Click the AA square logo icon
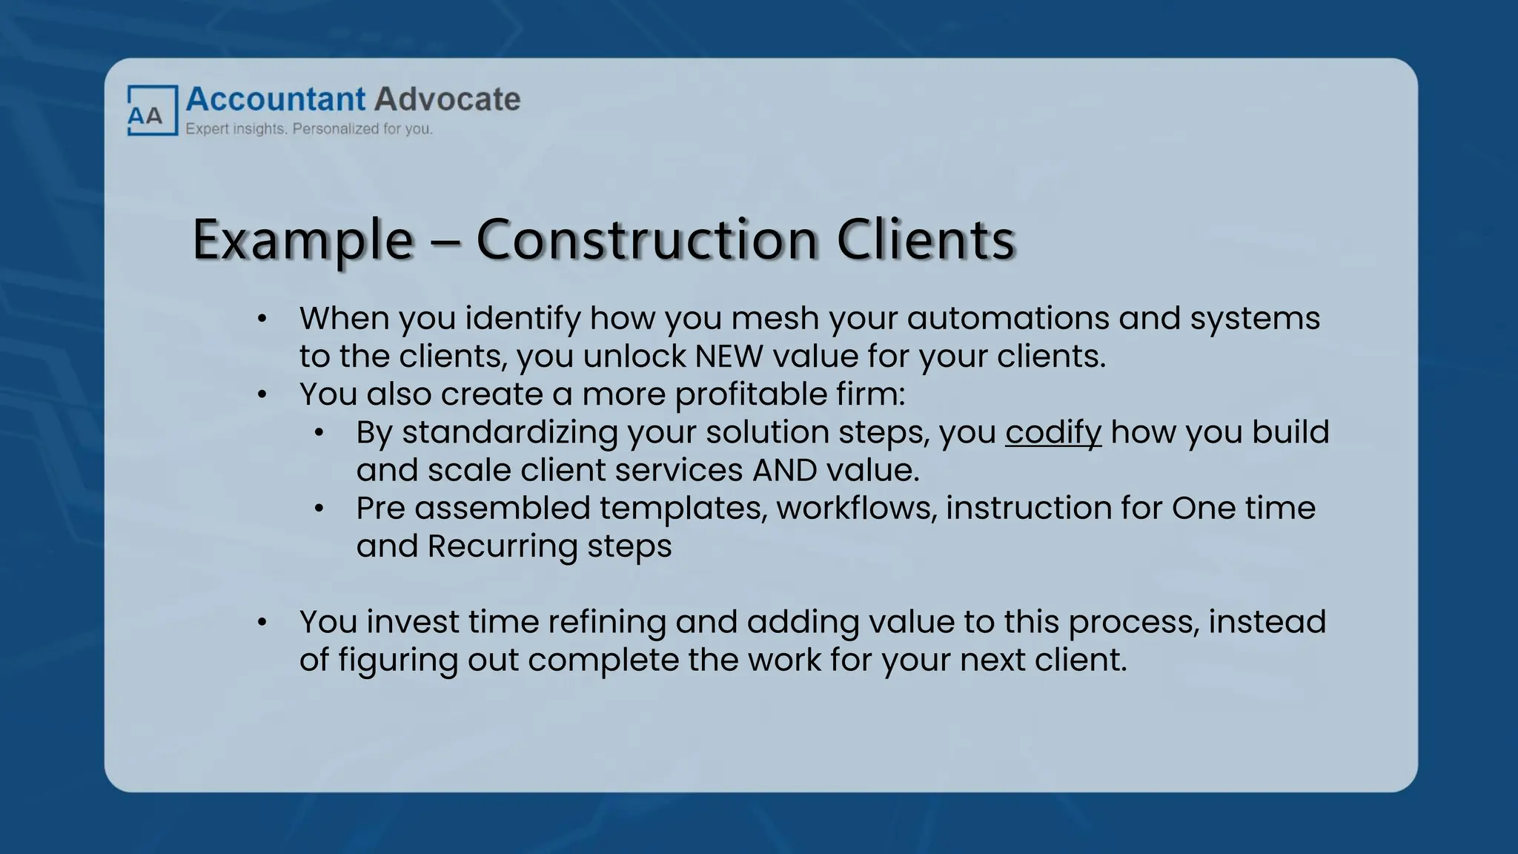(152, 110)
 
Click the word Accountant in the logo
(276, 99)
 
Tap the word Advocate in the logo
(447, 99)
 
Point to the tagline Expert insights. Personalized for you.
(309, 129)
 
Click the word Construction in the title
(646, 239)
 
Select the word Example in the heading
(302, 239)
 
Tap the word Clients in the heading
(925, 239)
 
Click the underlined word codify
(1053, 432)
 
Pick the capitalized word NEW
(729, 357)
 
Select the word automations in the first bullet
(1007, 318)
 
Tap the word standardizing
(510, 432)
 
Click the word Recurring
(503, 546)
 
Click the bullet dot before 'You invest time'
(262, 623)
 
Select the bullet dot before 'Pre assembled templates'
(319, 509)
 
